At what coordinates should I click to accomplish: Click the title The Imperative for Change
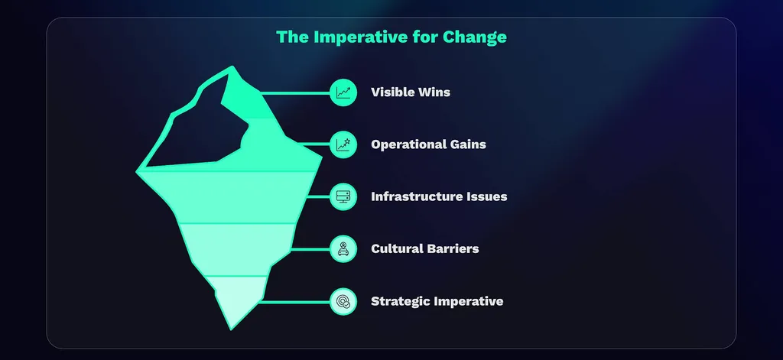391,37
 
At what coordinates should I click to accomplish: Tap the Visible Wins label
411,92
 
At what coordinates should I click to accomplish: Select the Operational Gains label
428,144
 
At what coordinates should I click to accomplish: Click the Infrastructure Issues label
439,196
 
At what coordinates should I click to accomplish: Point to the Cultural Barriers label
425,248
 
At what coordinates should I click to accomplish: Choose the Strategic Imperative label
437,301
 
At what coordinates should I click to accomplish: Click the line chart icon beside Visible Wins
343,92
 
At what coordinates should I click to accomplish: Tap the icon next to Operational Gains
343,144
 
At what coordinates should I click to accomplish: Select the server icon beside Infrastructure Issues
343,196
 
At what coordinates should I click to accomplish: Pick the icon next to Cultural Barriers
343,248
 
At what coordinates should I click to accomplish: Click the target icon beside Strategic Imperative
343,301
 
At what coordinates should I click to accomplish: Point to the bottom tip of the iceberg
230,327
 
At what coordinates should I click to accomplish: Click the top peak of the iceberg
232,69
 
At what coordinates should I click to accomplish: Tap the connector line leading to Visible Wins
294,92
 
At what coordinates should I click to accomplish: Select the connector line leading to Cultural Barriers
310,248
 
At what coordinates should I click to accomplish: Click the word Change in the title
478,37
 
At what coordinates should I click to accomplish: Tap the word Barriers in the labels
451,248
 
